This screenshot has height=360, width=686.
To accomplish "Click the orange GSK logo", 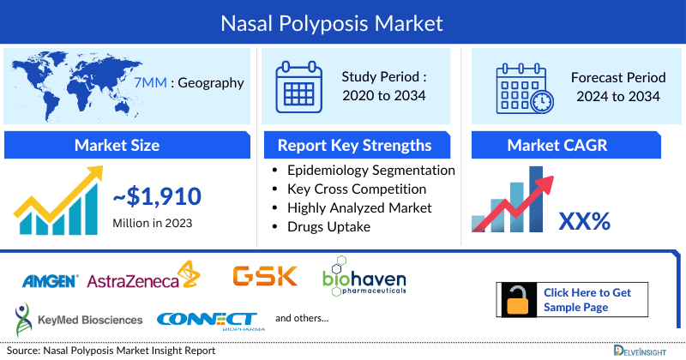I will [x=265, y=276].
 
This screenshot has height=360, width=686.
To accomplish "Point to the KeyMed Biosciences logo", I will [x=78, y=318].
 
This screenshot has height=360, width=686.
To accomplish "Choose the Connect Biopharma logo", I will [x=206, y=319].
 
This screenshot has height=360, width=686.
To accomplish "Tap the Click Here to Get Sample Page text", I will [x=587, y=300].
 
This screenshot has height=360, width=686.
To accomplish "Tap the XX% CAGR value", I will [x=584, y=221].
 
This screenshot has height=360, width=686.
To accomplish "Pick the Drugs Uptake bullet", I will [x=330, y=226].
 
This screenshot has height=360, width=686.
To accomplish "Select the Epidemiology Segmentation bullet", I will [x=370, y=170].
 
